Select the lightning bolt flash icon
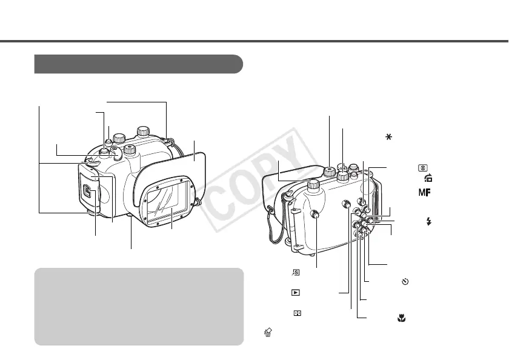(x=430, y=222)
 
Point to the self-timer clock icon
(x=405, y=281)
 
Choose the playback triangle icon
(x=295, y=292)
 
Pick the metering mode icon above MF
(x=421, y=167)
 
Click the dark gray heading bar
(x=139, y=63)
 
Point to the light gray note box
(x=139, y=306)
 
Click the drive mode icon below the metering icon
(x=428, y=178)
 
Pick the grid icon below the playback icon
(x=295, y=313)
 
